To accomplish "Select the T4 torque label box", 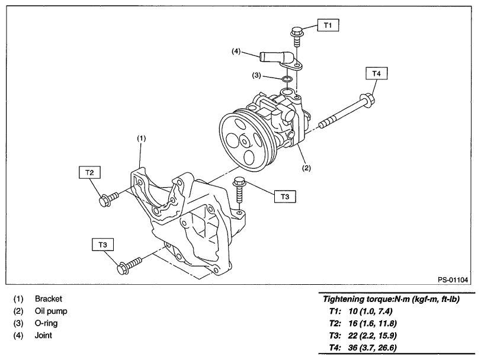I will coord(377,73).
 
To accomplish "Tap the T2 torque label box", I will coord(90,172).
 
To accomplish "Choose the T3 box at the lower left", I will coord(103,245).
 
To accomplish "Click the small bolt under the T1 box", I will coord(296,36).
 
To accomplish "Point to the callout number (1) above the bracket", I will coord(142,137).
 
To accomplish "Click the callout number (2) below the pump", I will coord(306,168).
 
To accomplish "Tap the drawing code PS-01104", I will coord(453,279).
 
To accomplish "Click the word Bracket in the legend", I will coord(48,299).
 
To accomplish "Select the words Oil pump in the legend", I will coord(51,311).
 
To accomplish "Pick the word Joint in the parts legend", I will coord(43,335).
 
